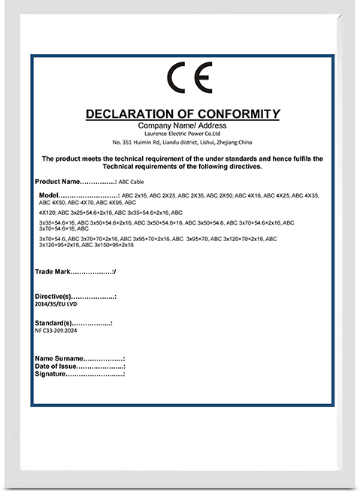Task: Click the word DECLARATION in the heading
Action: pos(129,114)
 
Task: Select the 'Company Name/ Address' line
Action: pos(182,125)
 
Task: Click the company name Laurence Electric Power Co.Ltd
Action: pos(182,133)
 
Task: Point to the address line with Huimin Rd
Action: pos(182,142)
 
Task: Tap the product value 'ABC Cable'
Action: pos(132,183)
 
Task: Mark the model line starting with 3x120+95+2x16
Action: pos(85,245)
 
